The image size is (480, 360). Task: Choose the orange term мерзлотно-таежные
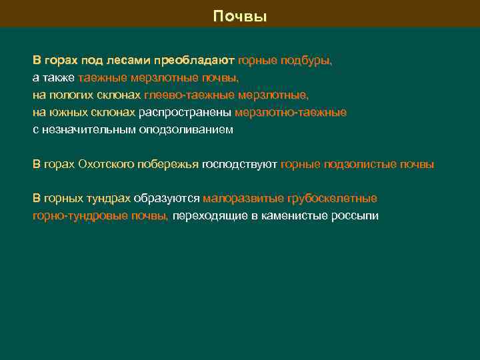point(291,112)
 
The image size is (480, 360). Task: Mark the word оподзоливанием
point(186,129)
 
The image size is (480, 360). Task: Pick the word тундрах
point(107,199)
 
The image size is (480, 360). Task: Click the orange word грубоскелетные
point(333,199)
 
